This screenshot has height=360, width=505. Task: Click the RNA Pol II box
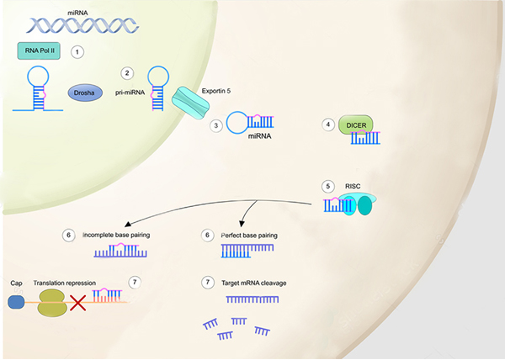pos(40,51)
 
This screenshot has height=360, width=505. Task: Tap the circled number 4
pos(329,124)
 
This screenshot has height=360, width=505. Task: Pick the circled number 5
pos(329,186)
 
